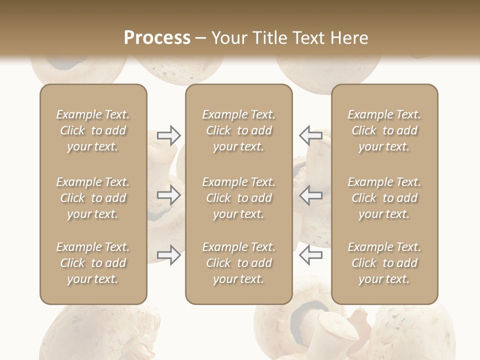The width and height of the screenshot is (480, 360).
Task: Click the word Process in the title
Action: tap(157, 38)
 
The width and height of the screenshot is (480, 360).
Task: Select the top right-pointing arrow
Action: tap(168, 135)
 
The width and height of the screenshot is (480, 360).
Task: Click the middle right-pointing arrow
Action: tap(168, 195)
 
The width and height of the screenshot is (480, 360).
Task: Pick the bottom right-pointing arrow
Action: tap(168, 255)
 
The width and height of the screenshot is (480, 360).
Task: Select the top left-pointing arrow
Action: tap(310, 135)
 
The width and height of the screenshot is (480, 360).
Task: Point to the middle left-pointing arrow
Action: tap(310, 195)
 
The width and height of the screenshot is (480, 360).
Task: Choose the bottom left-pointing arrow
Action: tap(310, 255)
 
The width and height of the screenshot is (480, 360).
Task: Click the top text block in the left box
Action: tap(93, 130)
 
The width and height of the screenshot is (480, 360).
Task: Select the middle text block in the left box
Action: tap(93, 198)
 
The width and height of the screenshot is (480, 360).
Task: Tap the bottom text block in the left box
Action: tap(93, 263)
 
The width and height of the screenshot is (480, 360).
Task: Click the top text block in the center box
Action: tap(239, 130)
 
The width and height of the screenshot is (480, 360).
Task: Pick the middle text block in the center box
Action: tap(239, 198)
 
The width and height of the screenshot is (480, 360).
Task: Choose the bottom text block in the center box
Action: tap(239, 263)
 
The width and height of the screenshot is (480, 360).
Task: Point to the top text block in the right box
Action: tap(384, 130)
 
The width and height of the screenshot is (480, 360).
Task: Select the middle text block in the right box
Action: tap(384, 198)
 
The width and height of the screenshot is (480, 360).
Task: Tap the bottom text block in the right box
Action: tap(384, 263)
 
